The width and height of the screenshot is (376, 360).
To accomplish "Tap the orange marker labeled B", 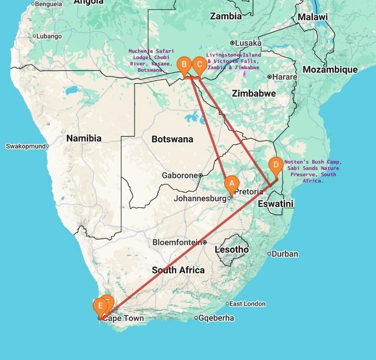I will click(183, 65).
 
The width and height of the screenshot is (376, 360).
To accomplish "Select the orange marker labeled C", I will click(199, 65).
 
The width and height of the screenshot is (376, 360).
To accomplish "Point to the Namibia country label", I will click(84, 138).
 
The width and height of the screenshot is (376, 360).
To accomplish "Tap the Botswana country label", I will click(172, 139).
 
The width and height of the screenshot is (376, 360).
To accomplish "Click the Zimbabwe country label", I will click(254, 93).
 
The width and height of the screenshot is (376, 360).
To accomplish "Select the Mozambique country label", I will click(330, 70).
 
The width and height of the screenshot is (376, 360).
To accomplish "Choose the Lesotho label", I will click(232, 250).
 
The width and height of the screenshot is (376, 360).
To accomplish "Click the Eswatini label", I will click(275, 204).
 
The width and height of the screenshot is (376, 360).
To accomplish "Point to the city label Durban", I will click(285, 254).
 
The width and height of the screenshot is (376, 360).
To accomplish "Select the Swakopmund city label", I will click(25, 146).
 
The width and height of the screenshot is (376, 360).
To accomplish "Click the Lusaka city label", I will click(248, 43).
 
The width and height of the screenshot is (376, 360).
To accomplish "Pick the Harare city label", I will click(285, 77).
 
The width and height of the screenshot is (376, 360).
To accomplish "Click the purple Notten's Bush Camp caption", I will click(313, 171).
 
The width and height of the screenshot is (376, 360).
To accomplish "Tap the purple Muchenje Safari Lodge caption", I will click(151, 60).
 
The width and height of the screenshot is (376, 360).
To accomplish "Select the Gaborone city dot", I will click(201, 175).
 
